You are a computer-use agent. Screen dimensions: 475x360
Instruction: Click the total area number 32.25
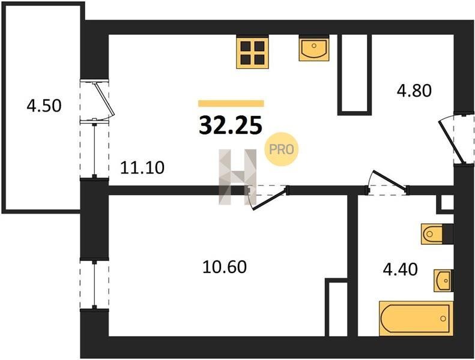tap(230, 125)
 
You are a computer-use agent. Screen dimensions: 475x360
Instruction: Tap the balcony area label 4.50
tap(44, 106)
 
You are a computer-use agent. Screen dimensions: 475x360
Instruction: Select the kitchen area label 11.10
tap(142, 167)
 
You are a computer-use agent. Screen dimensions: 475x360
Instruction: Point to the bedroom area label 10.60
tap(224, 268)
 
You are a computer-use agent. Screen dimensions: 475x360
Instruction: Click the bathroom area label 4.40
tap(400, 269)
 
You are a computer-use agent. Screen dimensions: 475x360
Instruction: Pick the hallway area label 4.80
tap(414, 91)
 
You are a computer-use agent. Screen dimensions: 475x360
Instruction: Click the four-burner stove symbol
tap(252, 52)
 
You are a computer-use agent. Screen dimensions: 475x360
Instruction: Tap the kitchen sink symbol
tap(314, 48)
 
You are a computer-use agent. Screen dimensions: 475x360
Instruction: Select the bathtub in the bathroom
tap(416, 319)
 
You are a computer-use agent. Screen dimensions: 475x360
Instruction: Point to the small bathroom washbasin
tap(444, 281)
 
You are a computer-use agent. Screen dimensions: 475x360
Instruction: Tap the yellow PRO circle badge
tap(282, 149)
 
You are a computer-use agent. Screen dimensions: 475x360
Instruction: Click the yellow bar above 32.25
tap(231, 103)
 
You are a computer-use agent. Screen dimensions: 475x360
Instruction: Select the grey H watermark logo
tap(238, 177)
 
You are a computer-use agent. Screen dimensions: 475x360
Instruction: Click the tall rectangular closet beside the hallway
tap(355, 75)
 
